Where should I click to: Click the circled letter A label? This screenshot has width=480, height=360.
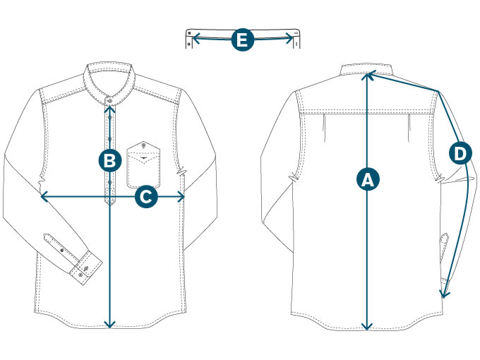[366, 179]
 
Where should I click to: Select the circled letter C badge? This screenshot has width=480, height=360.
[145, 196]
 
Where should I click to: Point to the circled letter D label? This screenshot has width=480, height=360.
[460, 152]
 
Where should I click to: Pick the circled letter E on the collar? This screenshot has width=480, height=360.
[242, 40]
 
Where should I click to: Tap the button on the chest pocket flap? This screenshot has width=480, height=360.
[144, 146]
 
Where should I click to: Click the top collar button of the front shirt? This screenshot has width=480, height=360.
[109, 97]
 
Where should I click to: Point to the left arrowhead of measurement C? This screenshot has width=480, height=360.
[42, 196]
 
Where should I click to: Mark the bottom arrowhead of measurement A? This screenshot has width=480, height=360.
[366, 327]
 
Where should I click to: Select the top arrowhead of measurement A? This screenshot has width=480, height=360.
[366, 73]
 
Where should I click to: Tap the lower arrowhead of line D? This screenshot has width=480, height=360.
[443, 296]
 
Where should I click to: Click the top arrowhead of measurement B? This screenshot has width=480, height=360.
[109, 107]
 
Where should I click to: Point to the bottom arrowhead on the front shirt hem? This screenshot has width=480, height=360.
[109, 325]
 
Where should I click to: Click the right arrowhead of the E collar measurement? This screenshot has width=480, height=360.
[291, 40]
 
